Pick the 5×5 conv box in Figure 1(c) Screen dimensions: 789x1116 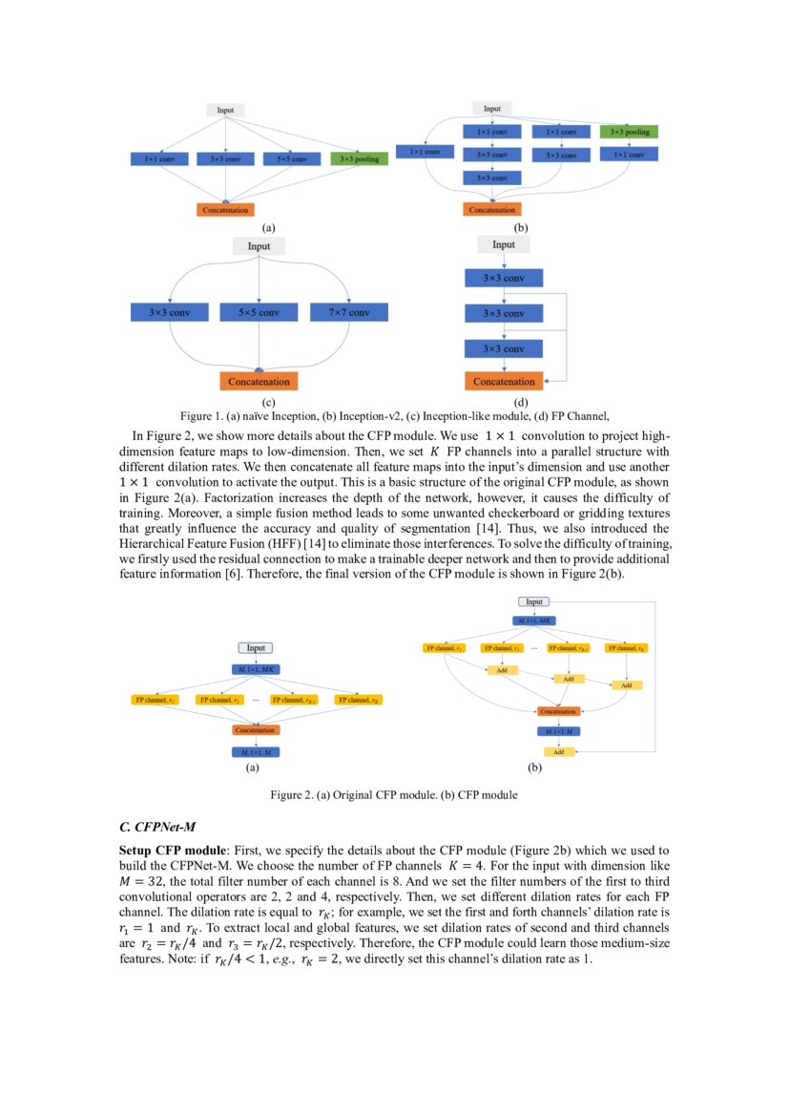[x=260, y=312]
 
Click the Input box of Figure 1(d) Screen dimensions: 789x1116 [x=503, y=245]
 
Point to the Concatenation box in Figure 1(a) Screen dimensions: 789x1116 [x=225, y=209]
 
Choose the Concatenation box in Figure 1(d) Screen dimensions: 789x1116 [x=503, y=381]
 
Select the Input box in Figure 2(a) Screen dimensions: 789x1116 [x=256, y=648]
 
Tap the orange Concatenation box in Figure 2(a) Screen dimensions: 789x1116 [x=256, y=730]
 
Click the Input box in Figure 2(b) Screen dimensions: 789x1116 [x=534, y=601]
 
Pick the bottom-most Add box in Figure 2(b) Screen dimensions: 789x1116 [x=558, y=752]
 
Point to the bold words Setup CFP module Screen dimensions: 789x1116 [x=172, y=850]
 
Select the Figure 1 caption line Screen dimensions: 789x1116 [x=394, y=416]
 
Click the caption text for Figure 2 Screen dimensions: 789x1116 [x=394, y=794]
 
